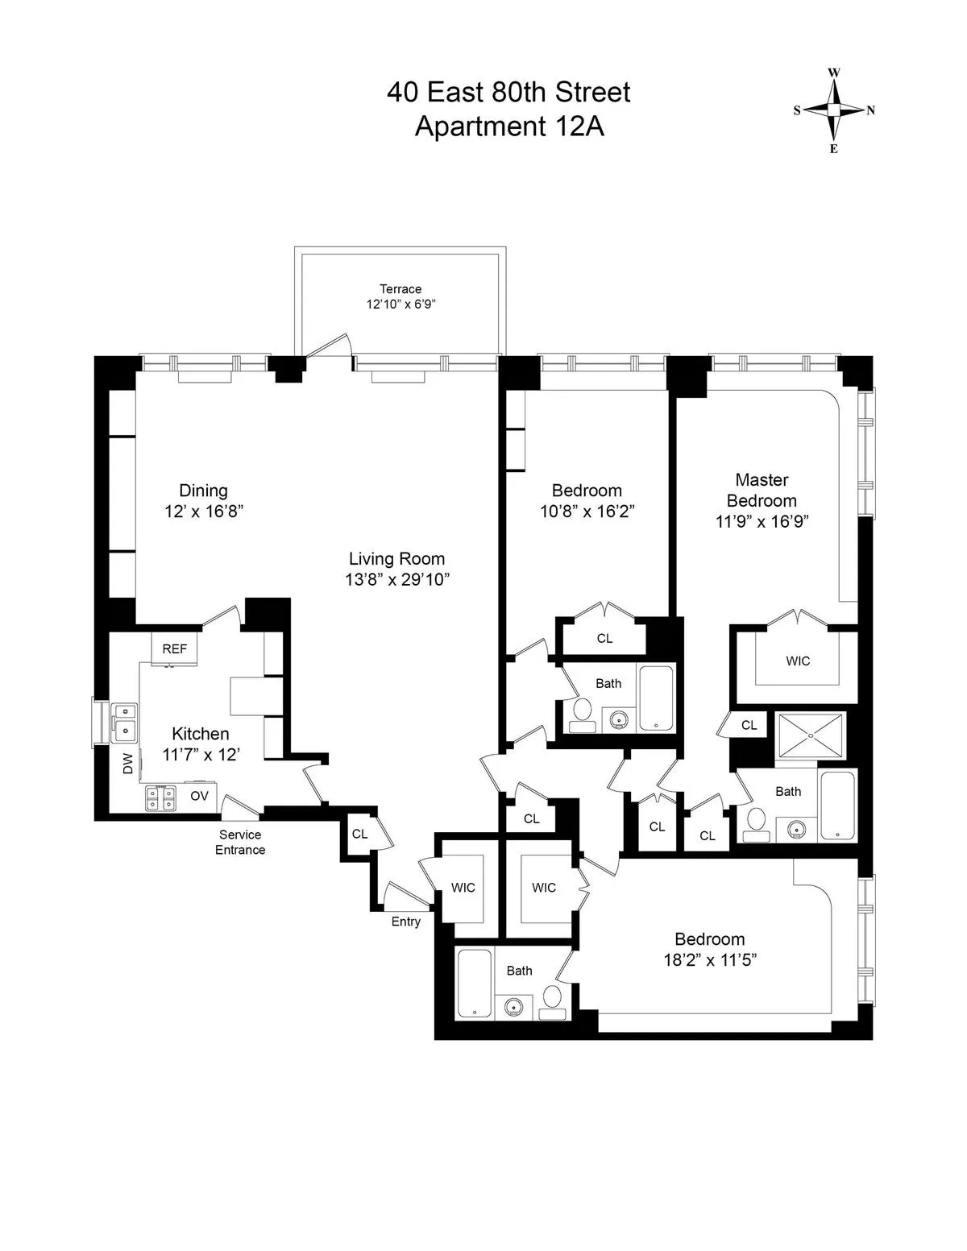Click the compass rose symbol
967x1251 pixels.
(x=834, y=110)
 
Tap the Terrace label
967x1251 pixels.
(x=400, y=289)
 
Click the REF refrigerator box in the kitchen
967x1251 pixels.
(x=175, y=648)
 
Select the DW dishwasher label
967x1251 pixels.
(x=127, y=764)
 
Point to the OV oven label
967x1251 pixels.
(x=199, y=796)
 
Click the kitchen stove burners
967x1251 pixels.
(x=161, y=797)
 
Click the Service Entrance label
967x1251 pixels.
(x=240, y=842)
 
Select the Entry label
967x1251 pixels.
(x=405, y=922)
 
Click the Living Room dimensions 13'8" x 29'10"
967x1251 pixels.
(x=396, y=579)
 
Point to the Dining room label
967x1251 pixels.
(x=203, y=491)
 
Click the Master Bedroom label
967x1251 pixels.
(x=762, y=490)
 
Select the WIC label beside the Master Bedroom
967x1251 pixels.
(x=798, y=661)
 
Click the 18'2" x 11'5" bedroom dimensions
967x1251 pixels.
(x=709, y=959)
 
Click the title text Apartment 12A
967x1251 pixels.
(x=508, y=126)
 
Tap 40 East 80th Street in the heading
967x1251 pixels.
(x=508, y=93)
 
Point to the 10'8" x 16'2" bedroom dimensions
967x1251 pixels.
(x=587, y=511)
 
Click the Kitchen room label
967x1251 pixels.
(x=201, y=734)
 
